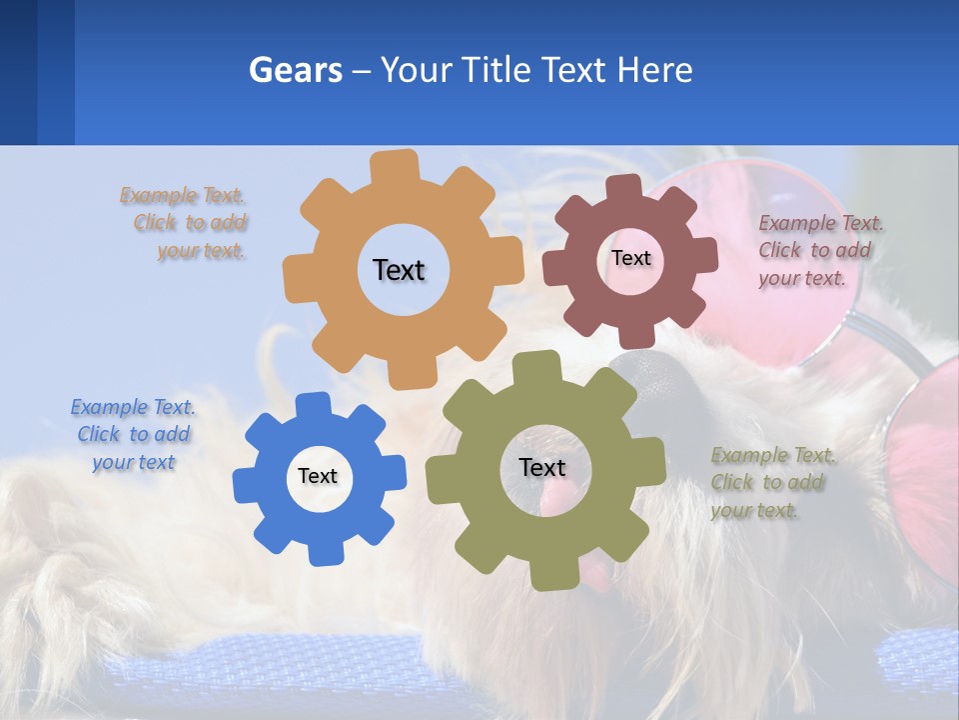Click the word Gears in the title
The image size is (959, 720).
pos(295,70)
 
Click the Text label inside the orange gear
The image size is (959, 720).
pos(399,270)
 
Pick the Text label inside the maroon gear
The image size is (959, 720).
pos(630,258)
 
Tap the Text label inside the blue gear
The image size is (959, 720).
pos(318,476)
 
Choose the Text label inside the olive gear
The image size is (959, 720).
pos(542,467)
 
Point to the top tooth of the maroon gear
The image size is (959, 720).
pos(625,188)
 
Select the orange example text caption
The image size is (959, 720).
pos(190,223)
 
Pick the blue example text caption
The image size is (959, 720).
pos(133,434)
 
